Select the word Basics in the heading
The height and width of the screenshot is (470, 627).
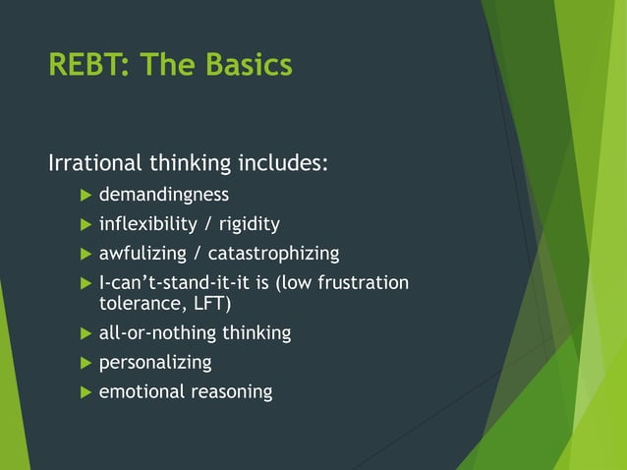[249, 65]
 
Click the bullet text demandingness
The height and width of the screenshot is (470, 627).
[163, 195]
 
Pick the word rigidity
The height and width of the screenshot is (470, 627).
[250, 224]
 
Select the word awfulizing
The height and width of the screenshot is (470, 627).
[142, 254]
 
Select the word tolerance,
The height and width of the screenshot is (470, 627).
[136, 304]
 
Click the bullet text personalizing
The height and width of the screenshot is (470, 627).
[155, 363]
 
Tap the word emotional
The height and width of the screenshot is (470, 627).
[139, 392]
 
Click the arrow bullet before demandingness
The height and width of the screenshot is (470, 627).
[85, 195]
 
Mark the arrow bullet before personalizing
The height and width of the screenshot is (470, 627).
[85, 363]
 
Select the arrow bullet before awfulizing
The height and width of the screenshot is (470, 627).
[85, 254]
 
